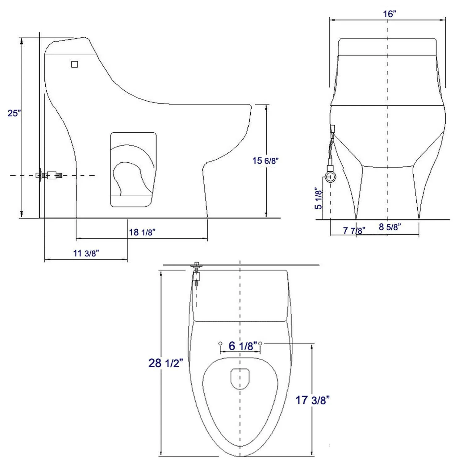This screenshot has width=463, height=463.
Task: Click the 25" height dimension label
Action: (x=14, y=113)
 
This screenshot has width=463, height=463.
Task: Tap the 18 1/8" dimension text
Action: (x=142, y=232)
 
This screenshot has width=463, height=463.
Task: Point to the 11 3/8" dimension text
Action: (x=86, y=253)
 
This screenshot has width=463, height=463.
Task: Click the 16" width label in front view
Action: (x=390, y=14)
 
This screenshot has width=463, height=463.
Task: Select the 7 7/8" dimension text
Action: (x=354, y=231)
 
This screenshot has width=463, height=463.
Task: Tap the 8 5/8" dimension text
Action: (x=390, y=227)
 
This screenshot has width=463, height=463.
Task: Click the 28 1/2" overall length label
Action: (x=166, y=363)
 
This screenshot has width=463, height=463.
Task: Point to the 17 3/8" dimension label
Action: (x=312, y=400)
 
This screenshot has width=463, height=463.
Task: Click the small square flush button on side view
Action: (x=74, y=64)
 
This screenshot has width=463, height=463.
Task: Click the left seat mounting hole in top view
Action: (x=220, y=343)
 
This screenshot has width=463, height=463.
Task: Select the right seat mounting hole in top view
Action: (x=260, y=343)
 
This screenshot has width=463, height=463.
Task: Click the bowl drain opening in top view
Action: (x=240, y=378)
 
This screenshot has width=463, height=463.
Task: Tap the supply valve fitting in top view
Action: (x=196, y=273)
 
